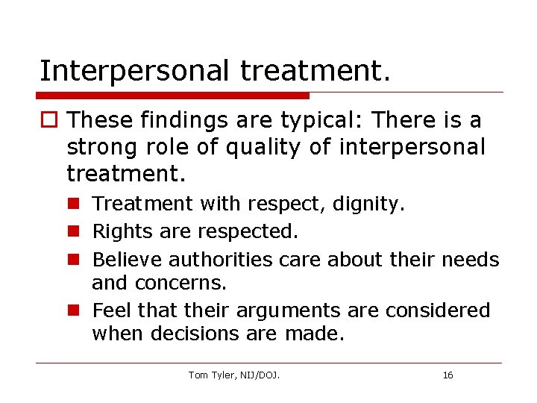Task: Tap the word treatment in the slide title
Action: click(x=314, y=71)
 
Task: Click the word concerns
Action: click(x=178, y=284)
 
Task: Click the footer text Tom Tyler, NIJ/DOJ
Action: click(x=234, y=375)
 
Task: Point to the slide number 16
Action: click(x=447, y=375)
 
